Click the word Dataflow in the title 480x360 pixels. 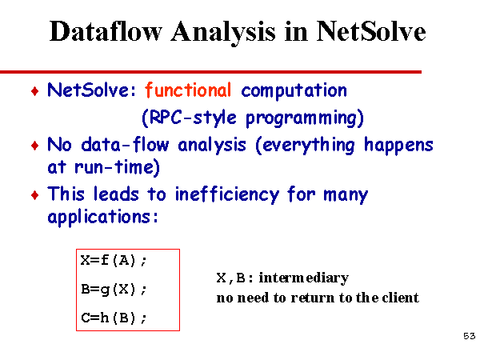click(x=106, y=31)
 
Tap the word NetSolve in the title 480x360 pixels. click(x=371, y=31)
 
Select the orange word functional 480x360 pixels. click(x=188, y=90)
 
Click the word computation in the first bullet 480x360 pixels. click(x=294, y=91)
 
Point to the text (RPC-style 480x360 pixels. click(x=189, y=118)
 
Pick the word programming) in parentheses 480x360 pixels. click(x=305, y=118)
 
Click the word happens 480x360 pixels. click(x=398, y=146)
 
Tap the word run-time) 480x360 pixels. click(x=118, y=168)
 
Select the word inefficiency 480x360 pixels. click(x=227, y=194)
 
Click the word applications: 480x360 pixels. click(x=103, y=218)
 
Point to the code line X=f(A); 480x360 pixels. click(x=114, y=261)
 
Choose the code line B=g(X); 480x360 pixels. click(x=114, y=290)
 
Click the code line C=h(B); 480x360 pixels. click(x=114, y=318)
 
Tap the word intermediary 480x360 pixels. click(x=304, y=278)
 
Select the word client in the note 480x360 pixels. click(x=401, y=298)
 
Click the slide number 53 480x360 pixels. click(x=470, y=336)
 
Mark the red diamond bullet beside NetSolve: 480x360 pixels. click(x=35, y=91)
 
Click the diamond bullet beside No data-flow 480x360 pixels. click(x=35, y=146)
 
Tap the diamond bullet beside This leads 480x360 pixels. click(x=35, y=194)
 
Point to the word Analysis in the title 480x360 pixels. click(x=223, y=32)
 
